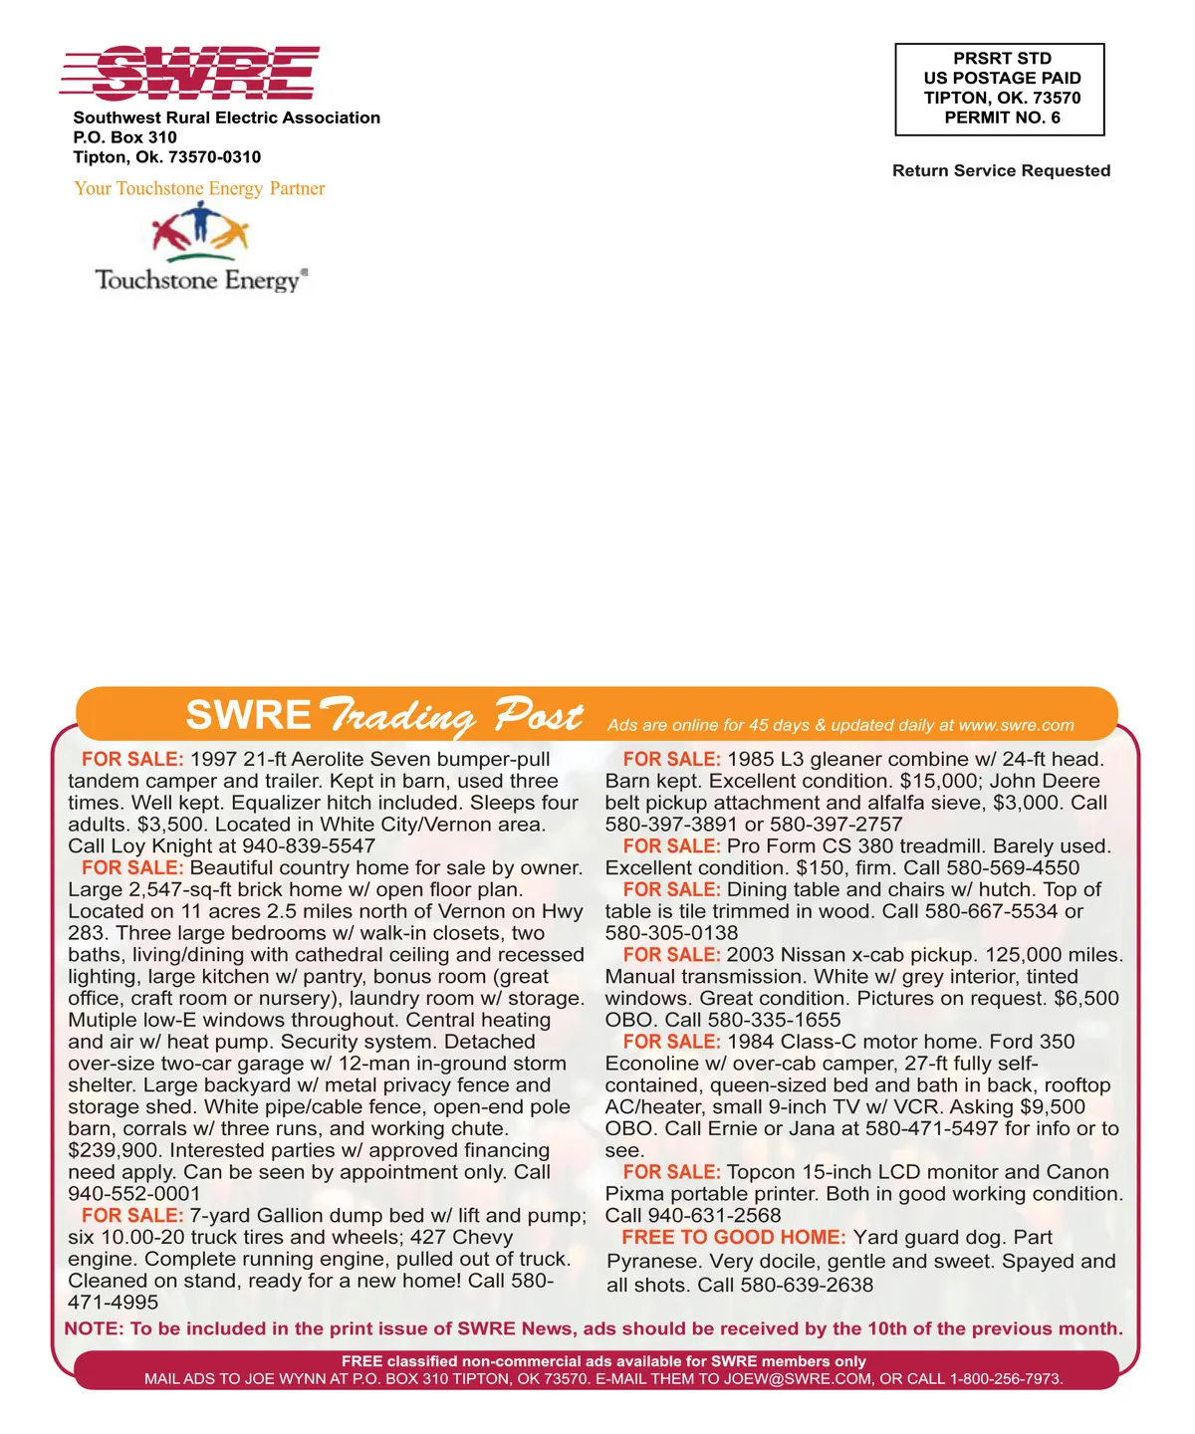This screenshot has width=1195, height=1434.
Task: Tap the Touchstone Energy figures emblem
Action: [x=199, y=231]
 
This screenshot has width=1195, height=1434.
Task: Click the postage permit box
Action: [x=1000, y=89]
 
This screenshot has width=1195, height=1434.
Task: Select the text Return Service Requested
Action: [x=1001, y=170]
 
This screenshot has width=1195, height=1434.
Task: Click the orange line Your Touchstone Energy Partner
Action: [x=199, y=188]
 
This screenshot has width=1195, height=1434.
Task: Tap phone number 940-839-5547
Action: [x=309, y=846]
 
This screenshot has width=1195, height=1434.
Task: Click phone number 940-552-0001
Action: [x=134, y=1194]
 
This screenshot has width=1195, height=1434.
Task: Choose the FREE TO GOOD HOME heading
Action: [x=734, y=1238]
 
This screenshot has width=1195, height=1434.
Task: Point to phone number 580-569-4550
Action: [x=1013, y=868]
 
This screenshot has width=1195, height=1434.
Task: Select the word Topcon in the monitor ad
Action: [x=762, y=1172]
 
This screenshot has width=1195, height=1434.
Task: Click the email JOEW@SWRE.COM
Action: [x=798, y=1379]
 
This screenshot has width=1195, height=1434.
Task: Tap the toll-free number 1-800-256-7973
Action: [x=1006, y=1379]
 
